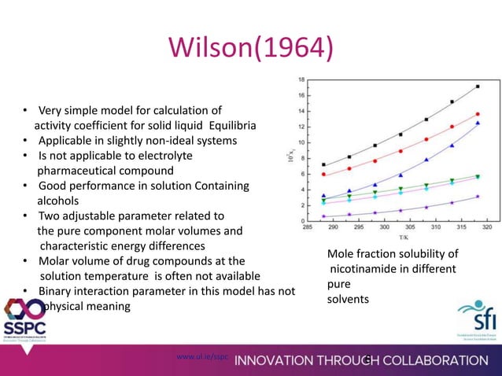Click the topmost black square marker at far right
(x=478, y=87)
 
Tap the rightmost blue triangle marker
(x=478, y=123)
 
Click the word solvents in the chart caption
(x=346, y=300)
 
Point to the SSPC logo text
(x=25, y=328)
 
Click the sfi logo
(x=476, y=320)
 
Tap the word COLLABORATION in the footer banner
(x=434, y=360)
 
